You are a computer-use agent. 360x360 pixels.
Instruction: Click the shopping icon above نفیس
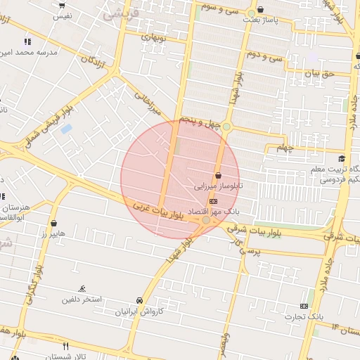pyautogui.click(x=63, y=5)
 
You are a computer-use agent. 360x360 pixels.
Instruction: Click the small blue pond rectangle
pyautogui.click(x=66, y=129)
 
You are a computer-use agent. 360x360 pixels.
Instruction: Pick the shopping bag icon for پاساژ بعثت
pyautogui.click(x=262, y=10)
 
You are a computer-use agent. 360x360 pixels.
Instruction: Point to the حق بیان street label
pyautogui.click(x=322, y=72)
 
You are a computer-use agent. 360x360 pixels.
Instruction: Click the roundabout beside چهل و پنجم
pyautogui.click(x=226, y=127)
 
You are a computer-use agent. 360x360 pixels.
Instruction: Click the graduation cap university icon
pyautogui.click(x=342, y=159)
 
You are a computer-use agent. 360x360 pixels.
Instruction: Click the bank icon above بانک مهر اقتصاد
pyautogui.click(x=214, y=201)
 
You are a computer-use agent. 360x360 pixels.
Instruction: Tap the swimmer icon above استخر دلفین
pyautogui.click(x=83, y=288)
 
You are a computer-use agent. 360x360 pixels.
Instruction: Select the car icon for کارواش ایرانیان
pyautogui.click(x=140, y=300)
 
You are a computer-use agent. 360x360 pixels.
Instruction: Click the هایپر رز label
pyautogui.click(x=53, y=233)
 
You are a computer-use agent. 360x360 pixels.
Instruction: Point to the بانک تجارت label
pyautogui.click(x=304, y=316)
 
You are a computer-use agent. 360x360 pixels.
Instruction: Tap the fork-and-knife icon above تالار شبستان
pyautogui.click(x=66, y=346)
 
